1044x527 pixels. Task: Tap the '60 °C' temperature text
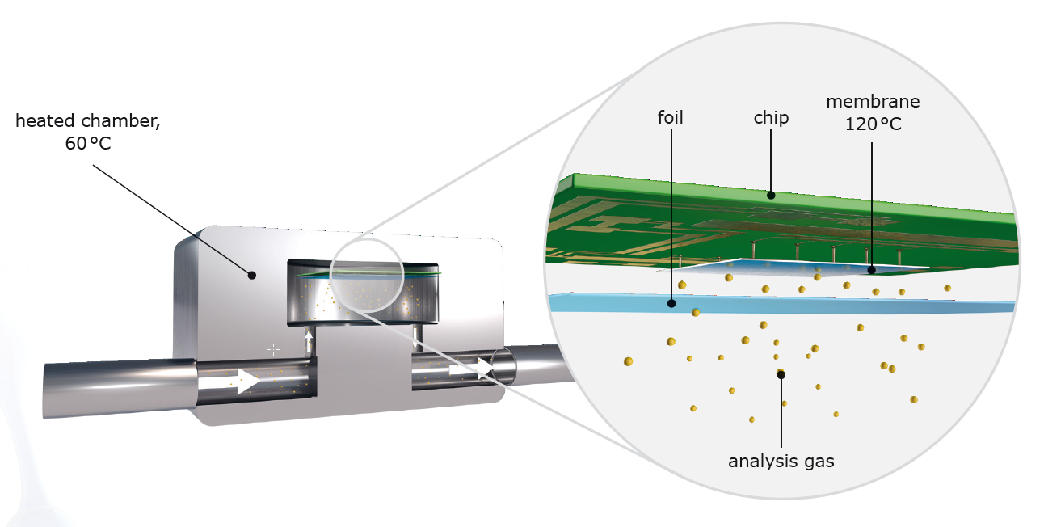coord(87,145)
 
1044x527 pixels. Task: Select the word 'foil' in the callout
coord(670,118)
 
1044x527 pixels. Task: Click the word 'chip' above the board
coord(769,118)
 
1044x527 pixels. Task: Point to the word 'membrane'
coord(873,102)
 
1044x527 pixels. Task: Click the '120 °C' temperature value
coord(873,126)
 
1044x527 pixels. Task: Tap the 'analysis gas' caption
coord(781,462)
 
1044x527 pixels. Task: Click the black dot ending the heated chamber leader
coord(252,275)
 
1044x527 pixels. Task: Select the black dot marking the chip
coord(771,194)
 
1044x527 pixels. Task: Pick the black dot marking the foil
coord(671,304)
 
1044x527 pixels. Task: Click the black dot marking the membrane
coord(871,271)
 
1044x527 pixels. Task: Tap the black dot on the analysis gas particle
coord(781,374)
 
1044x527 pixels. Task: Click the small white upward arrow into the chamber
coord(308,336)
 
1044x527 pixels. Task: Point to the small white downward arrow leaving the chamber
coord(418,336)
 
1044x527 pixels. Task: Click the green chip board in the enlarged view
coord(808,218)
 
